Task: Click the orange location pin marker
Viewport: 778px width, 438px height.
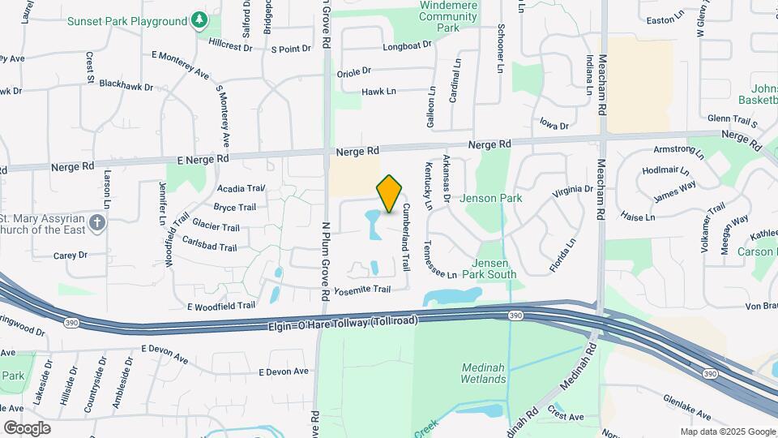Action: pos(390,194)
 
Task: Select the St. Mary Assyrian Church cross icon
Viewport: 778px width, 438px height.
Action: pos(97,222)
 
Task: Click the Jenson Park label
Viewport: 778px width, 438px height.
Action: pos(491,198)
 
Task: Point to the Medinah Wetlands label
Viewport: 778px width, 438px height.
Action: pos(483,373)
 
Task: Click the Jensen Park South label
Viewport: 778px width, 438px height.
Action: pos(494,268)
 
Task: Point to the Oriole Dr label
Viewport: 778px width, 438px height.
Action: pos(353,71)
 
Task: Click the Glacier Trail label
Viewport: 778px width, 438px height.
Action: pos(215,228)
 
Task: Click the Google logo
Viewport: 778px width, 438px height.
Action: pos(27,427)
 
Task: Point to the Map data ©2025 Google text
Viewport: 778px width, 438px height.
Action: pos(728,432)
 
